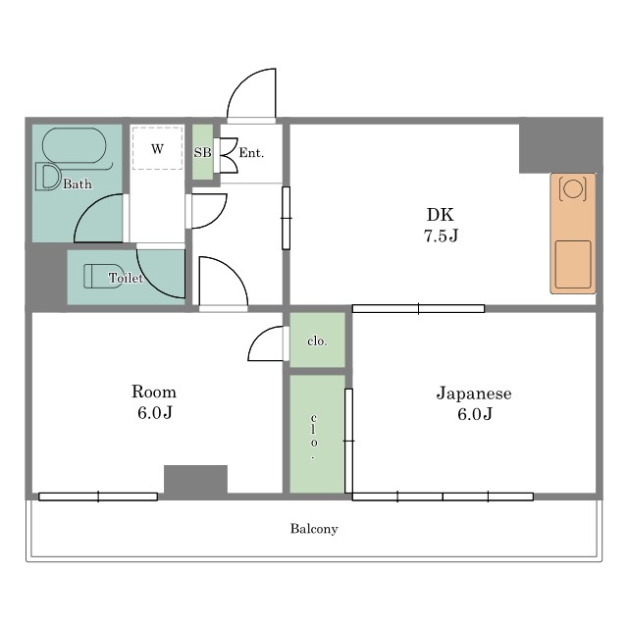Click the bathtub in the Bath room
coord(75,146)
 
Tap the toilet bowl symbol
coord(103,276)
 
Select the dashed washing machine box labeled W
coord(157,148)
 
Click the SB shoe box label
coord(202,153)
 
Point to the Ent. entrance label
coord(251,153)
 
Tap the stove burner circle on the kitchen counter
coord(573,188)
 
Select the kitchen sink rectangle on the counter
coord(573,264)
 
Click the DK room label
coord(441,215)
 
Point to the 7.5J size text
coord(441,235)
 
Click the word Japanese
coord(474,393)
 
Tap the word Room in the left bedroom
coord(154,392)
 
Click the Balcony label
coord(314,529)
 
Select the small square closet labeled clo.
coord(317,340)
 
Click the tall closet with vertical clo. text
coord(317,434)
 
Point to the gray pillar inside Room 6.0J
coord(196,480)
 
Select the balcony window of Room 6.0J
coord(98,497)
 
